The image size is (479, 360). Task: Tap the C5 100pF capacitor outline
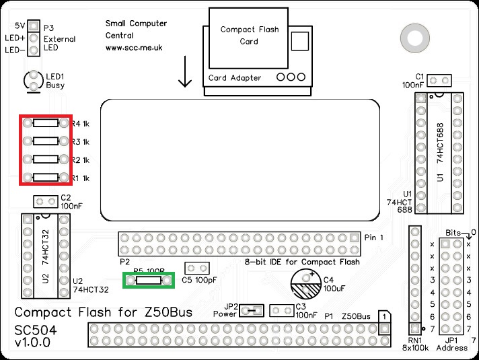[x=195, y=268]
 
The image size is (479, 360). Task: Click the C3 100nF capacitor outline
[x=281, y=310]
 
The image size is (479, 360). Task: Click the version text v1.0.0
[x=33, y=343]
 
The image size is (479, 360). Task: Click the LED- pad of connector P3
[x=33, y=50]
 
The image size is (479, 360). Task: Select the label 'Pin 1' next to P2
[x=373, y=238]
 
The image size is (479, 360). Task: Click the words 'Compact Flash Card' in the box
[x=248, y=35]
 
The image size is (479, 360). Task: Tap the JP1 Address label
[x=451, y=343]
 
